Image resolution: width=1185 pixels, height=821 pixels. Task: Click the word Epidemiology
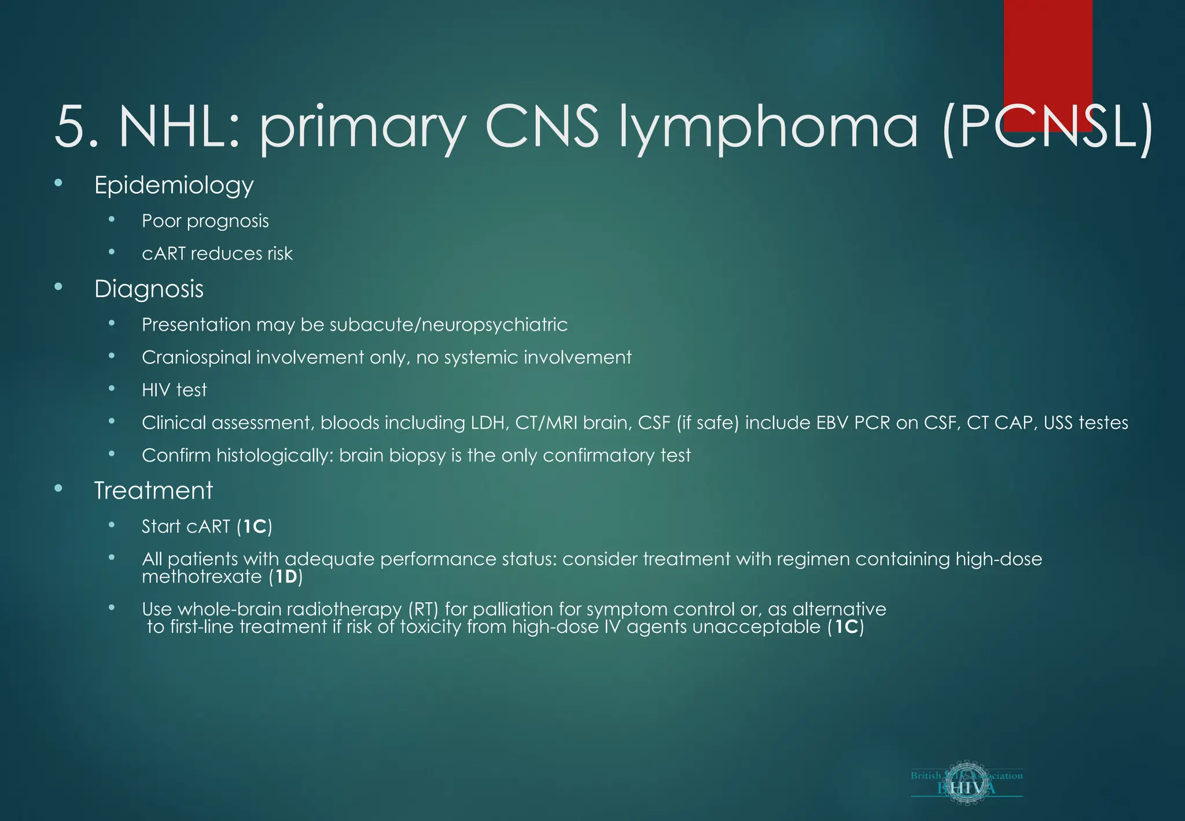point(174,186)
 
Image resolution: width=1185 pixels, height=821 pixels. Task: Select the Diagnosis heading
point(149,289)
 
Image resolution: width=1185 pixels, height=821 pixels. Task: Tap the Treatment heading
point(153,490)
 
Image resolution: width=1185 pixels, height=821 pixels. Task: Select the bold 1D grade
point(286,577)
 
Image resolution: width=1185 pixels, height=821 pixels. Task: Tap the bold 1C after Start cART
point(254,526)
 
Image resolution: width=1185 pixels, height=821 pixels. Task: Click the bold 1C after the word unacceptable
point(845,627)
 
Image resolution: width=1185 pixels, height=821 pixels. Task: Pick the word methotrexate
point(202,577)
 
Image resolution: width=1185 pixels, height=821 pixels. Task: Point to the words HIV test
point(174,390)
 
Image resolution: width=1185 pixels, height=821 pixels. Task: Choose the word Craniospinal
point(196,358)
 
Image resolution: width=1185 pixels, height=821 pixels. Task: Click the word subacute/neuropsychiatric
point(448,325)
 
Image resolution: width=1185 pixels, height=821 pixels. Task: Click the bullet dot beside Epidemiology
point(58,184)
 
